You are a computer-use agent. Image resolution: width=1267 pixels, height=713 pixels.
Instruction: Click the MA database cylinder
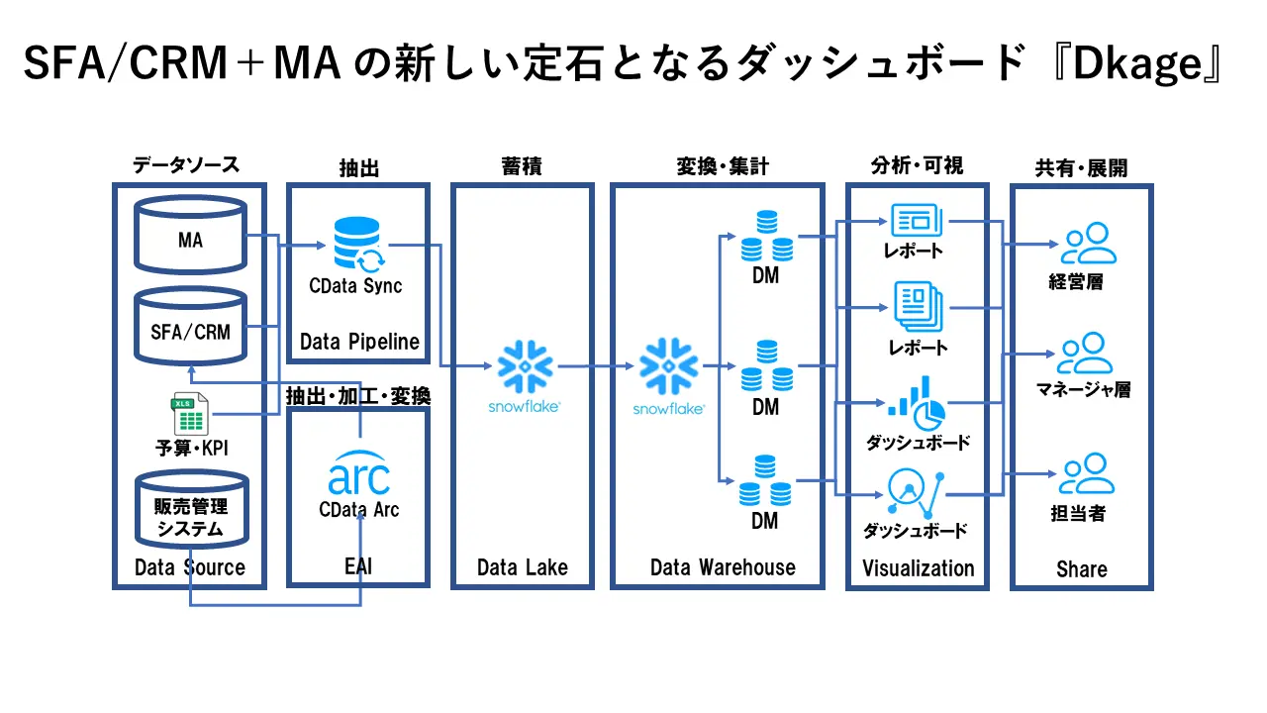tap(190, 235)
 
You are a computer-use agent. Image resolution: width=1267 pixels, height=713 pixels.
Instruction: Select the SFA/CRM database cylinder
tap(190, 327)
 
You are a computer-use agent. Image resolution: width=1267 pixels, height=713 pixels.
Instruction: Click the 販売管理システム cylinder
tap(190, 510)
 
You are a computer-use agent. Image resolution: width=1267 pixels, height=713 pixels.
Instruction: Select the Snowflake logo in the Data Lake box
tap(525, 368)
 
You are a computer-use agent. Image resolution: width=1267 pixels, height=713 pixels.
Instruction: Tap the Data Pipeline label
tap(359, 343)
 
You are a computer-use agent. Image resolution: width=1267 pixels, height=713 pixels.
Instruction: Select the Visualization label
tap(918, 568)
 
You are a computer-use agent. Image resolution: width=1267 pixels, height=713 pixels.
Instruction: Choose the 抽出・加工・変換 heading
tap(358, 397)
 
